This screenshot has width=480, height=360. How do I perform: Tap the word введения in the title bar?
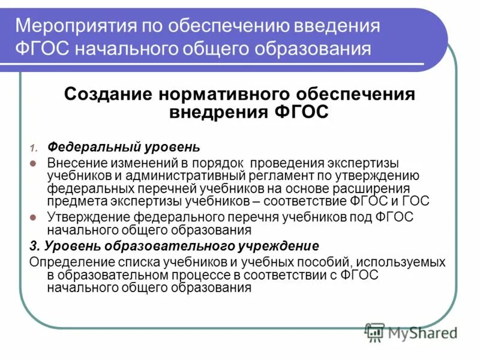[336, 26]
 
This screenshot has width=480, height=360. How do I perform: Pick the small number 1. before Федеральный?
[34, 148]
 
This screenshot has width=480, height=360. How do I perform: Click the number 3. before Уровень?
[34, 245]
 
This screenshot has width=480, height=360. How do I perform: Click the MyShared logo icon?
[375, 332]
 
